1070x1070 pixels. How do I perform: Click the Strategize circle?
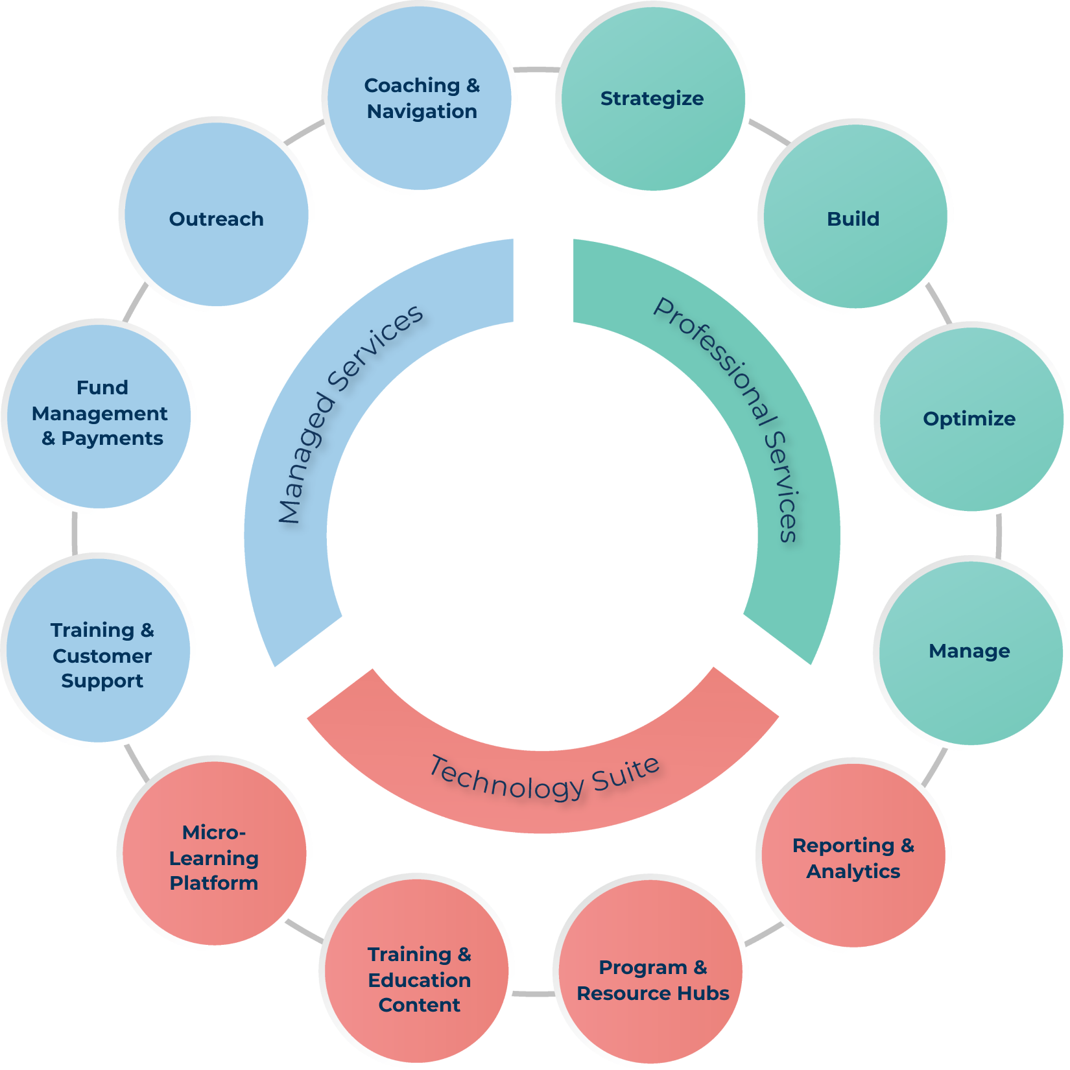click(652, 99)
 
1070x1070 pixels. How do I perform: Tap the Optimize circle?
click(970, 418)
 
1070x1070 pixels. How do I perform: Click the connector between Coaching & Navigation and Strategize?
click(536, 69)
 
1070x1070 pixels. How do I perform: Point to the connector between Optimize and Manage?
click(998, 535)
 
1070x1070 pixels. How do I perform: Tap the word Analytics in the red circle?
click(853, 871)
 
